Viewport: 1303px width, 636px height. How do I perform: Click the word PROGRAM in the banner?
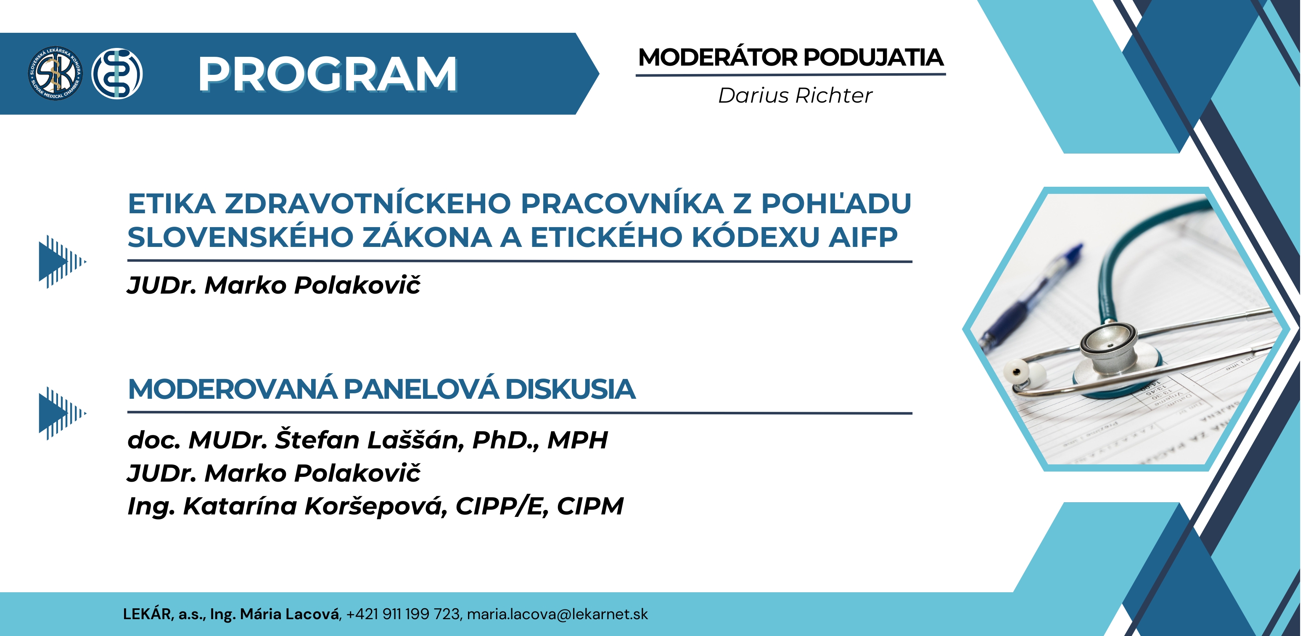pyautogui.click(x=328, y=74)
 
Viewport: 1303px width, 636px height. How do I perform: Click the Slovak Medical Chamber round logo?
pyautogui.click(x=55, y=73)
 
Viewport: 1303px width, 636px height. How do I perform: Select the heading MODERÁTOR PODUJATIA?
pyautogui.click(x=790, y=57)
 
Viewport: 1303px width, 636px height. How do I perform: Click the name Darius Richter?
pyautogui.click(x=795, y=95)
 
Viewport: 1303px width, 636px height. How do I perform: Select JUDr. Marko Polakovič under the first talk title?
pyautogui.click(x=274, y=285)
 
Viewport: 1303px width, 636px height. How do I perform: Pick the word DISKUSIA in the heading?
pyautogui.click(x=570, y=389)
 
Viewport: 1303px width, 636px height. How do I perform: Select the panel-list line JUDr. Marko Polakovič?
pyautogui.click(x=274, y=473)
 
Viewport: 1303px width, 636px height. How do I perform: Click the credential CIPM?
pyautogui.click(x=590, y=506)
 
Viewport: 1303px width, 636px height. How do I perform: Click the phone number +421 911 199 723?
pyautogui.click(x=403, y=614)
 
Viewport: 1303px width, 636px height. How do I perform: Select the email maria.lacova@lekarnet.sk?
pyautogui.click(x=558, y=614)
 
